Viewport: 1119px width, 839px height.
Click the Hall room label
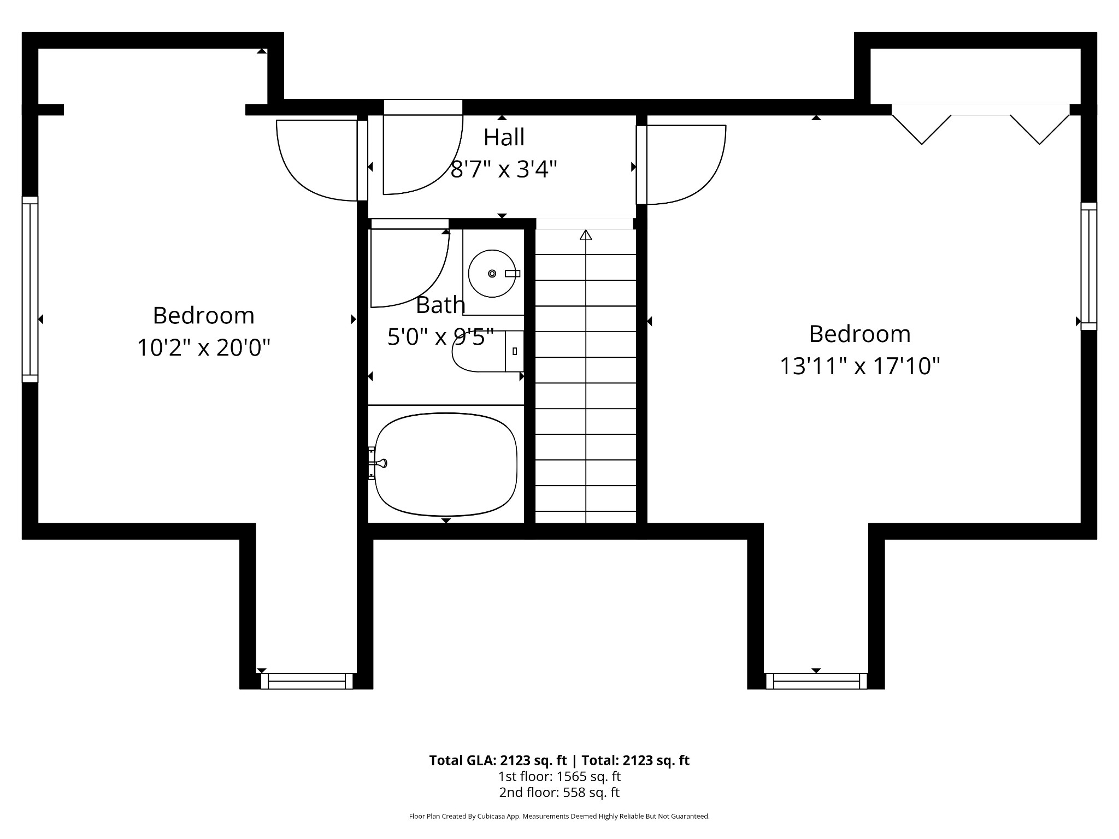click(x=504, y=137)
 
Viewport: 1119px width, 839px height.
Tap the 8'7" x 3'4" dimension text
click(x=504, y=169)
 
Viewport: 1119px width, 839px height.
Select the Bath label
click(x=440, y=305)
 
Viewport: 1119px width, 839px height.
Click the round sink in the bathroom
click(x=492, y=274)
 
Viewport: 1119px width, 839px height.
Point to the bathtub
click(x=446, y=464)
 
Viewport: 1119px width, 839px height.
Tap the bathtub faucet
click(x=378, y=463)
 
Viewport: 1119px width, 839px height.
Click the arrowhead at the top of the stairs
click(x=586, y=235)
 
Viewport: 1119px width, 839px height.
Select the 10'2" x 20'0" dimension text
click(x=203, y=347)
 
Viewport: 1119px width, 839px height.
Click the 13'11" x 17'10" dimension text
click(x=859, y=366)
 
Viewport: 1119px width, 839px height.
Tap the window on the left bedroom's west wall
click(x=30, y=289)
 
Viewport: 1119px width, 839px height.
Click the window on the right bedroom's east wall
click(x=1089, y=267)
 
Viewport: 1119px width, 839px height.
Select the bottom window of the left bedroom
click(x=307, y=681)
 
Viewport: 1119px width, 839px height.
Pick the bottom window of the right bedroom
click(x=816, y=681)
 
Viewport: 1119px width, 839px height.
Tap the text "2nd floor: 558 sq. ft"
click(x=559, y=793)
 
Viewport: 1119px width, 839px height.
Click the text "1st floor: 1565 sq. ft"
click(x=559, y=776)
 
